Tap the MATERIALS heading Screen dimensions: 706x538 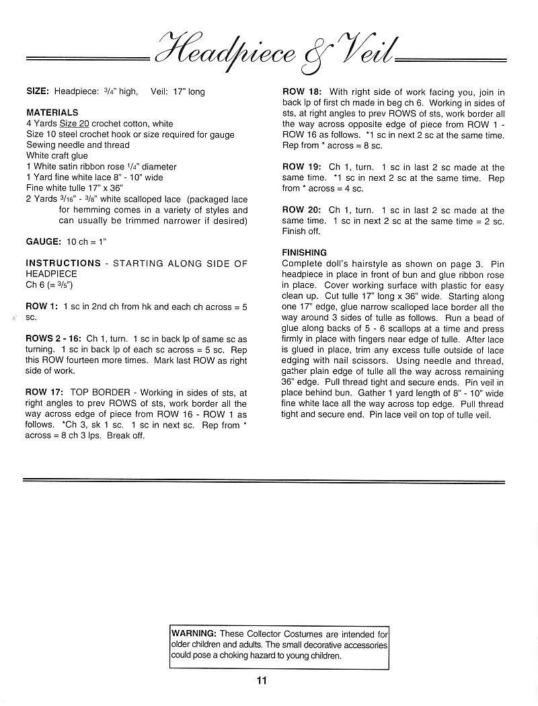click(52, 112)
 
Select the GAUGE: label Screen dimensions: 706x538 click(44, 241)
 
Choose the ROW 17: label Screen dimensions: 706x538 click(44, 392)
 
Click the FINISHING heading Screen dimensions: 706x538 click(305, 253)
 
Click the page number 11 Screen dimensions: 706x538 click(262, 680)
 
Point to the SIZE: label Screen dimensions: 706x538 click(38, 91)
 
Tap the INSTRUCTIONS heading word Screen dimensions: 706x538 click(63, 263)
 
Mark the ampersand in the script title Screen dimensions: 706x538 click(313, 57)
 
